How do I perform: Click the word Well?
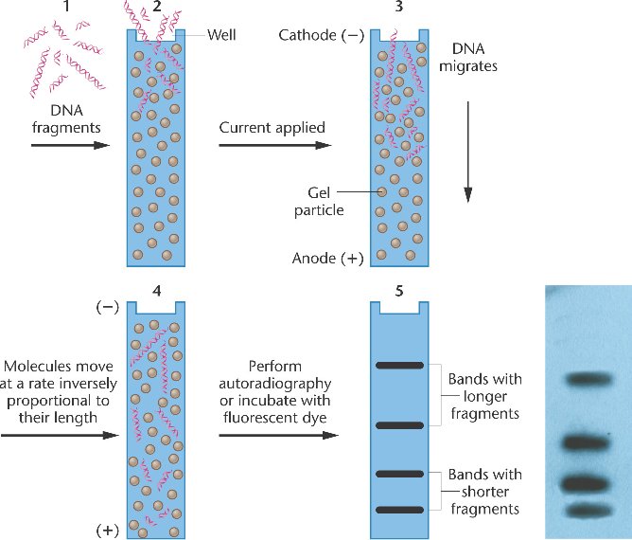[221, 35]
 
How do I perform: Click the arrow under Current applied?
[274, 145]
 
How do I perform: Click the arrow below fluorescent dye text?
[277, 436]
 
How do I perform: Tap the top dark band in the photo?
[590, 380]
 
